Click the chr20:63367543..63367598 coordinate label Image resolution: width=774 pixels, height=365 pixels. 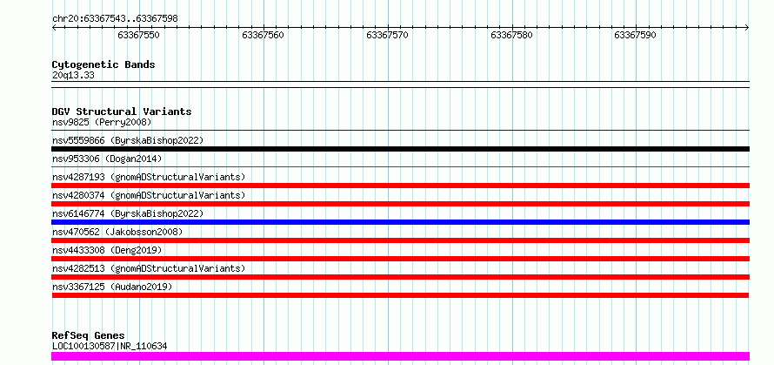[115, 19]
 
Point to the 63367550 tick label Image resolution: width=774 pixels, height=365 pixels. [138, 35]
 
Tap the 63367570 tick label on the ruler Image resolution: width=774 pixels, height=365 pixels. [388, 35]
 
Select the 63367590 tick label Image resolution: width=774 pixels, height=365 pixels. [636, 35]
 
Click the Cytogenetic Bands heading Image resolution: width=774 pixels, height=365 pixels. [103, 64]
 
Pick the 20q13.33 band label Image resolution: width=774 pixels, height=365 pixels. [73, 76]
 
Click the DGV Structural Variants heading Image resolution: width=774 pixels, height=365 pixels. [122, 112]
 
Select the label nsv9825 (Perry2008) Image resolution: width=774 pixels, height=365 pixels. [102, 122]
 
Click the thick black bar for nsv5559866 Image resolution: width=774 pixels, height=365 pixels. [400, 149]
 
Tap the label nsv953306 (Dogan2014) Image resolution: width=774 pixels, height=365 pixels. [107, 159]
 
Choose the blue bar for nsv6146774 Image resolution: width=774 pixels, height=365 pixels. [400, 222]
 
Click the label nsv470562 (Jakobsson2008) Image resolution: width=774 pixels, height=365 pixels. [117, 232]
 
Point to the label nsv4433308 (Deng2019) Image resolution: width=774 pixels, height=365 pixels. [107, 250]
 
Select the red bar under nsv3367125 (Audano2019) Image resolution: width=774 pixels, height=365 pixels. [400, 295]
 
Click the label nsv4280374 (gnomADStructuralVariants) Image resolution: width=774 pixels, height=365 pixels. [149, 195]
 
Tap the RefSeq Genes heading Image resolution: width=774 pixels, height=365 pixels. [89, 336]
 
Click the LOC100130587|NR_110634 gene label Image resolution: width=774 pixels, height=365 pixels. [110, 346]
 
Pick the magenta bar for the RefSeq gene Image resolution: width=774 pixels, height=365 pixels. [400, 356]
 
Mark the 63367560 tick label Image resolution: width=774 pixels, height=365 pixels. [264, 35]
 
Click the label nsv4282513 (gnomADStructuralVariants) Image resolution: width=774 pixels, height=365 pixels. [149, 268]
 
